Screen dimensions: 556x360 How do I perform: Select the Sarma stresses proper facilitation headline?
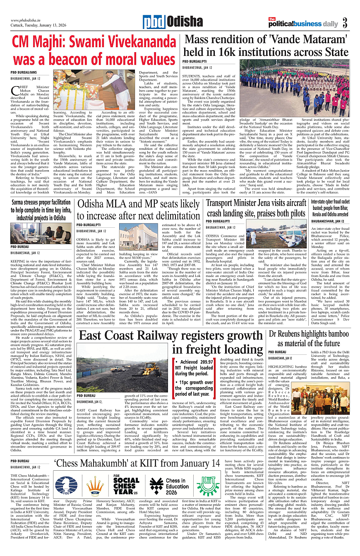41,210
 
